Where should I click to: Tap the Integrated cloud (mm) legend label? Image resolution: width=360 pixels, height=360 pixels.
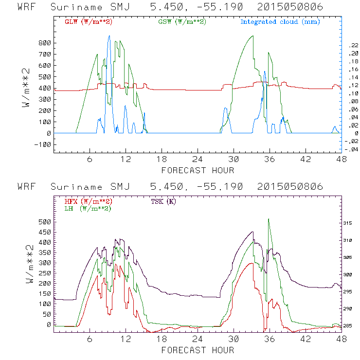tap(280, 22)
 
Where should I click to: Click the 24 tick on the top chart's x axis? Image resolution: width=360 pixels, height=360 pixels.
tap(198, 159)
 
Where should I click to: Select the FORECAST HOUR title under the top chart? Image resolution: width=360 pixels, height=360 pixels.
tap(198, 170)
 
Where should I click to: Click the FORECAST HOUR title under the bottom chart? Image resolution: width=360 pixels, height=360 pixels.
tap(198, 350)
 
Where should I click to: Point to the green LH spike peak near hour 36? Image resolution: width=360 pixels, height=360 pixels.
tap(269, 219)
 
